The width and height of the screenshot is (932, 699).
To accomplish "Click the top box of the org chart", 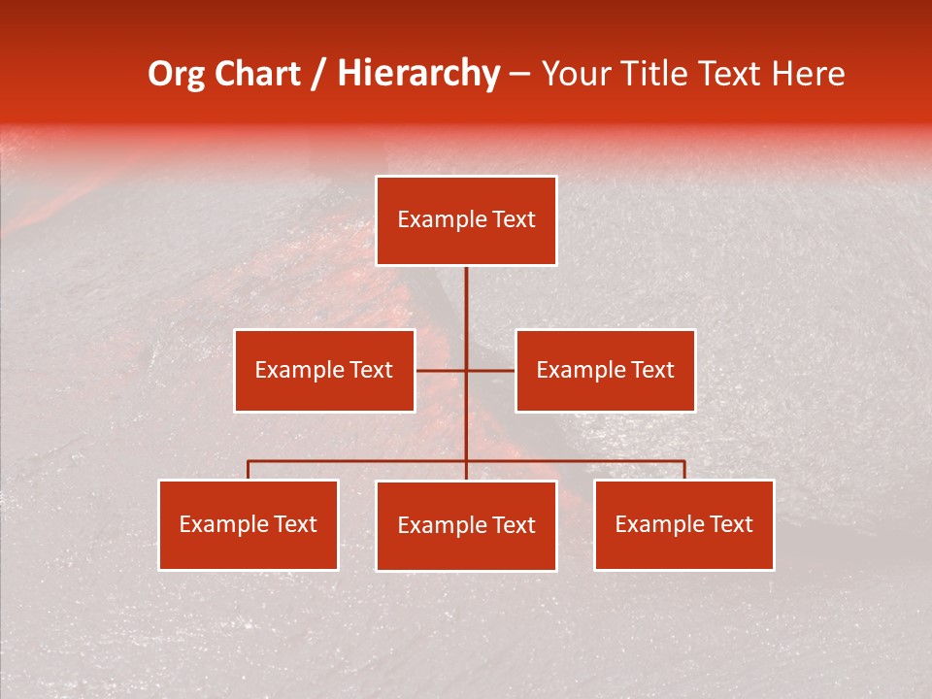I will click(466, 220).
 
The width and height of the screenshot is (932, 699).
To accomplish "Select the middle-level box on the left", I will click(324, 370).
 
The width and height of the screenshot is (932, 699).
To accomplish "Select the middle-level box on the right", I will click(605, 370).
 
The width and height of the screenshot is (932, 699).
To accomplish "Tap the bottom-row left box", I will click(249, 524).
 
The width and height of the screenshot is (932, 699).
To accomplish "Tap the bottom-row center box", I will click(466, 525).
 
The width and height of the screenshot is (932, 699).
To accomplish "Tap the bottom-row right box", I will click(684, 524).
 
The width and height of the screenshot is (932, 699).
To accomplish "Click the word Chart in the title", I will click(257, 74).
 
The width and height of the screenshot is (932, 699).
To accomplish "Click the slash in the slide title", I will click(318, 74).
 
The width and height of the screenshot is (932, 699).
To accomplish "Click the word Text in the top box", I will click(512, 219).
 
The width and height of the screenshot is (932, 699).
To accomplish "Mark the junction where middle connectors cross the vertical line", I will click(466, 370).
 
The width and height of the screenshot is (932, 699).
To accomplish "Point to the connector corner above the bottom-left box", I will click(249, 462).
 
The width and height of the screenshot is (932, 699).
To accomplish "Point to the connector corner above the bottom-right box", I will click(684, 462).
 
